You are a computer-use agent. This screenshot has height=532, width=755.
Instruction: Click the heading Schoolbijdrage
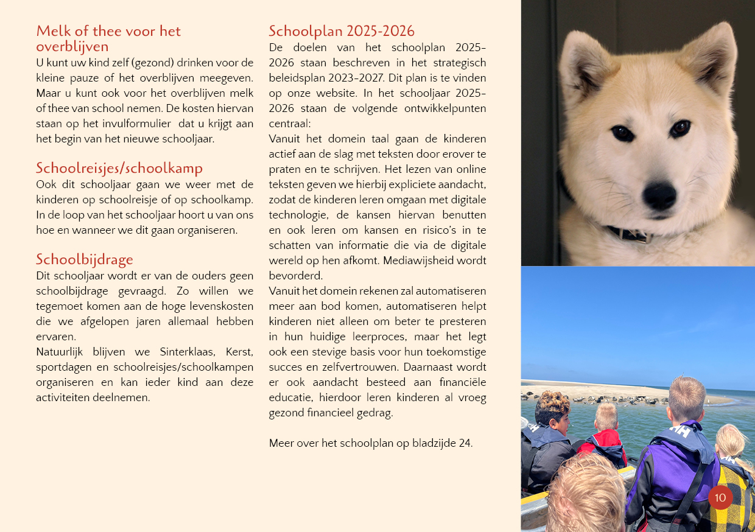coord(85,260)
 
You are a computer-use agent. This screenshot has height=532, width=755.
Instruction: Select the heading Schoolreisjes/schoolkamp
coord(119,168)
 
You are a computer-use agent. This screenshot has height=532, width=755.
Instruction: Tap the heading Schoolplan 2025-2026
coord(342,31)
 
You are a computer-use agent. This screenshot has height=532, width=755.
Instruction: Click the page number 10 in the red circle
coord(720,497)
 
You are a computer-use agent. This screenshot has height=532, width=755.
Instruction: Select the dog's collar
coord(630,234)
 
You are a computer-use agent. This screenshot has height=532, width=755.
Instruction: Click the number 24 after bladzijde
coord(465,443)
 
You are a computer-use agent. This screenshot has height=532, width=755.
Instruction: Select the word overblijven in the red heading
coord(72,47)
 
